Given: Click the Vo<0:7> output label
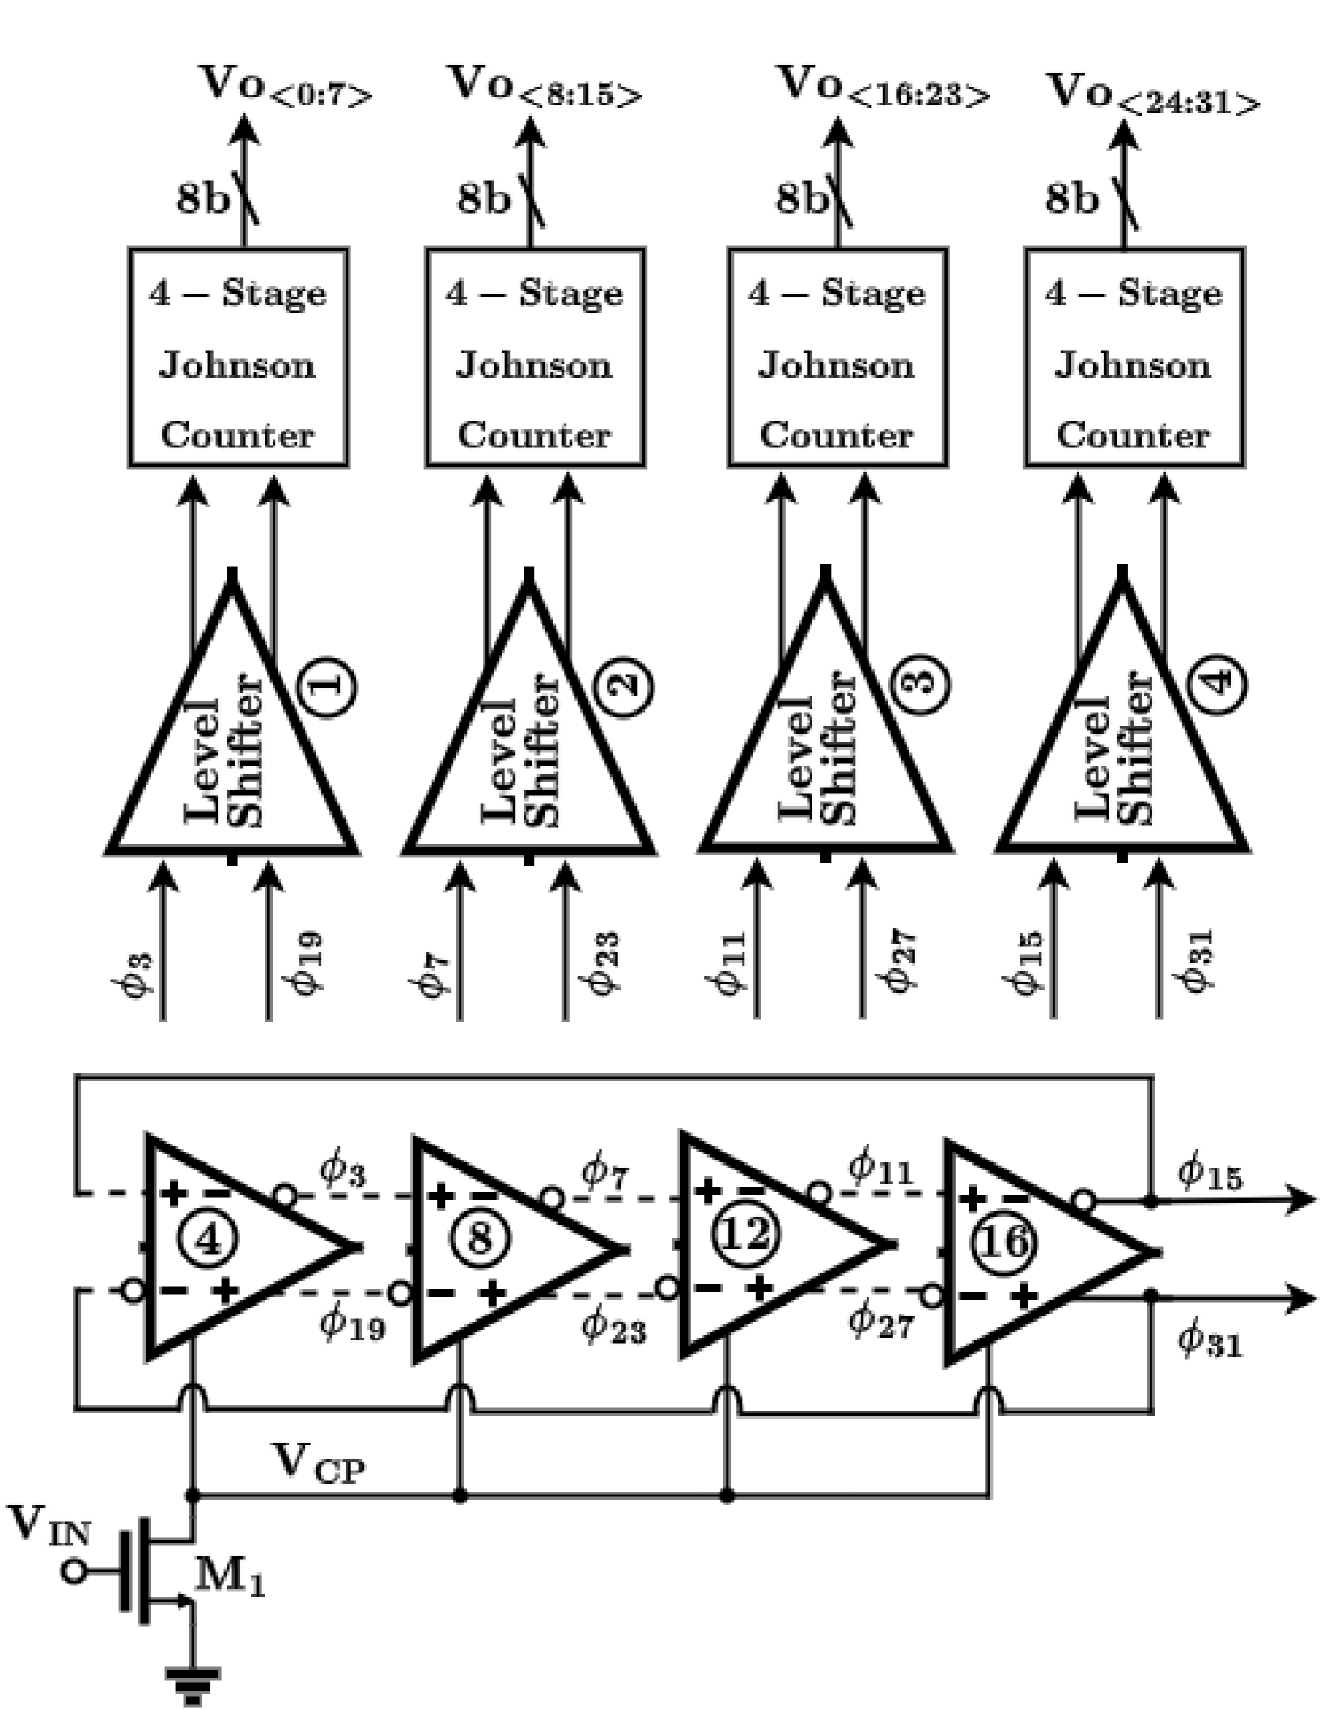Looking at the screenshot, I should pyautogui.click(x=285, y=87).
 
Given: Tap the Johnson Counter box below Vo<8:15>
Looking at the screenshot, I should pyautogui.click(x=535, y=358).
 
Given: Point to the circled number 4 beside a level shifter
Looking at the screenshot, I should pyautogui.click(x=1219, y=685).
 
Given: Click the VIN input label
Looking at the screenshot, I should pyautogui.click(x=49, y=1524).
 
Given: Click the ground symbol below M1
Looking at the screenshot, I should pyautogui.click(x=193, y=1679).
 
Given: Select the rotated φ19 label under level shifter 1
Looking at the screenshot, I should pyautogui.click(x=303, y=963).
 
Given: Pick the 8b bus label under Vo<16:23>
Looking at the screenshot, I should pyautogui.click(x=801, y=197).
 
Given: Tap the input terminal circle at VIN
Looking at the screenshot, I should pyautogui.click(x=74, y=1572).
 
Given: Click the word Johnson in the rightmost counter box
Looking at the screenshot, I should pyautogui.click(x=1133, y=365).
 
